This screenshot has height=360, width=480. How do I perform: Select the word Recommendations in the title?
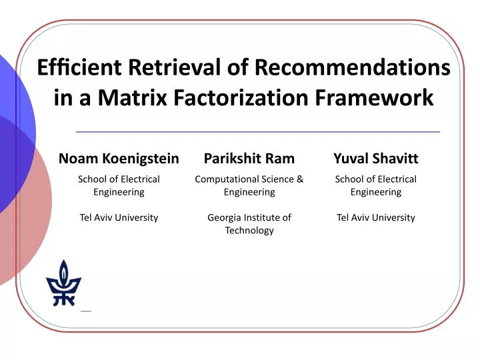(x=352, y=67)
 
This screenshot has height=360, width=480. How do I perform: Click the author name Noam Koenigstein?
(x=119, y=158)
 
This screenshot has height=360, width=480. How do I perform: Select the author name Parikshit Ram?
(x=249, y=158)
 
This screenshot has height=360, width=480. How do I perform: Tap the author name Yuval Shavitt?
(x=375, y=158)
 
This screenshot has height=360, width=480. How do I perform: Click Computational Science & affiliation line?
(x=249, y=179)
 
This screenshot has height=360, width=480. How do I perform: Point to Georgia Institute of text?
(x=249, y=217)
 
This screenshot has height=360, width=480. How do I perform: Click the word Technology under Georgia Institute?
(x=249, y=230)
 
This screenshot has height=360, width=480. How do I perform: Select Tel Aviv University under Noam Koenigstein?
(x=119, y=217)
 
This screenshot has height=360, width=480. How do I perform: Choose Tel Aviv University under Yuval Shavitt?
(x=375, y=217)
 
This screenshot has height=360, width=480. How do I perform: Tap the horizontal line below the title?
(x=257, y=132)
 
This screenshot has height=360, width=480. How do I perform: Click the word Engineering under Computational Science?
(x=249, y=192)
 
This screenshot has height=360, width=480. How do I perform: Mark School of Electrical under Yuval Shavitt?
(x=375, y=179)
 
